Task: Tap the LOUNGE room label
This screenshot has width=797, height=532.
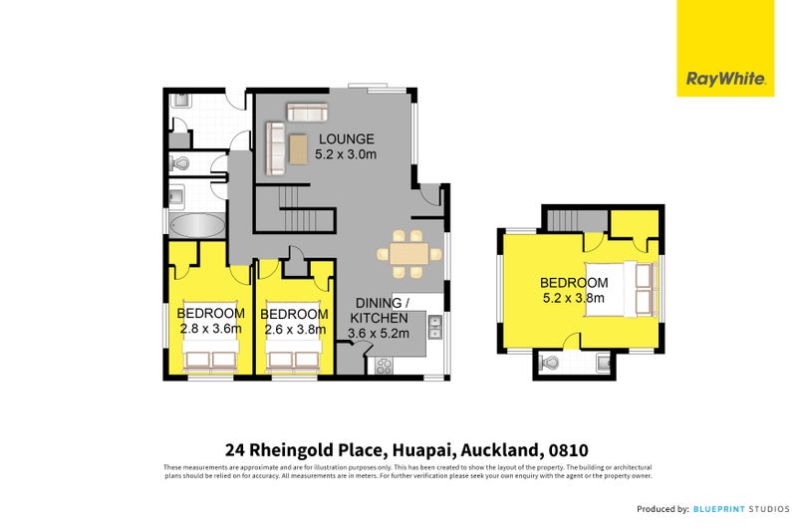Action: (347, 139)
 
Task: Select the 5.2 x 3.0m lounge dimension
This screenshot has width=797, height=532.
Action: (346, 155)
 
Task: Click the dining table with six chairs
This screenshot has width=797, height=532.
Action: (408, 254)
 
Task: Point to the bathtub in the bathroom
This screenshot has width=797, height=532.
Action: (196, 225)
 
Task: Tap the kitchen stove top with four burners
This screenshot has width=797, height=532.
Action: (385, 365)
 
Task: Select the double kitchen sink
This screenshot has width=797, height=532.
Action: (434, 321)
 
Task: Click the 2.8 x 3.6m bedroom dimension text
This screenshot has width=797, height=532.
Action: (210, 329)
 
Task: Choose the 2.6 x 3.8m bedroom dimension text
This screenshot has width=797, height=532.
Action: (294, 331)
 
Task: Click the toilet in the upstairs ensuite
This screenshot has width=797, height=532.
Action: (549, 364)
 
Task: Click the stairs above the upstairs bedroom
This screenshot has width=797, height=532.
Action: (572, 220)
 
